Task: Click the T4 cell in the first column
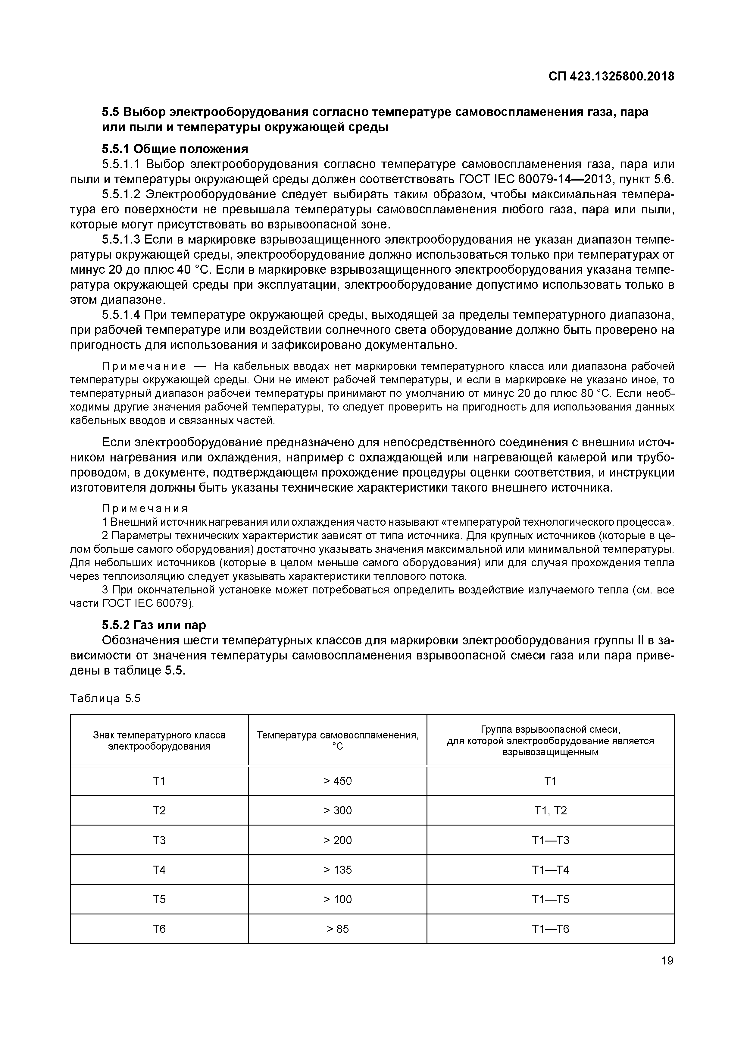coord(159,870)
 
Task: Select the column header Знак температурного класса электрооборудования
coord(159,740)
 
